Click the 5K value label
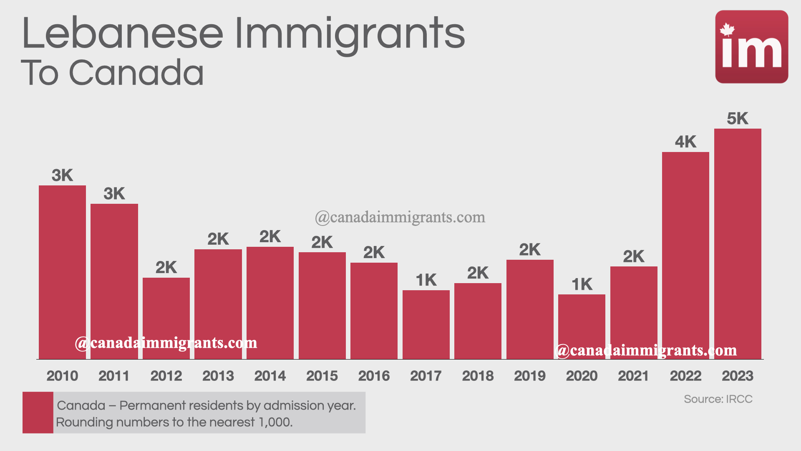tap(738, 119)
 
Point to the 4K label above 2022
tap(685, 142)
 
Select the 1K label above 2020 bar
tap(582, 284)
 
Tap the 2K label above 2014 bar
tap(270, 237)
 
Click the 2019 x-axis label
tap(529, 376)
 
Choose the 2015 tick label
tap(322, 376)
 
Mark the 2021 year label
tap(633, 376)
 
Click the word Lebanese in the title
tap(122, 33)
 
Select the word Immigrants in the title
tap(350, 33)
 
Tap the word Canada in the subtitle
tap(136, 73)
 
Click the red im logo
tap(751, 47)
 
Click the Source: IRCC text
tap(718, 399)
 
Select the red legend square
tap(38, 412)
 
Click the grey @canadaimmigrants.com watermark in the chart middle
tap(400, 217)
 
